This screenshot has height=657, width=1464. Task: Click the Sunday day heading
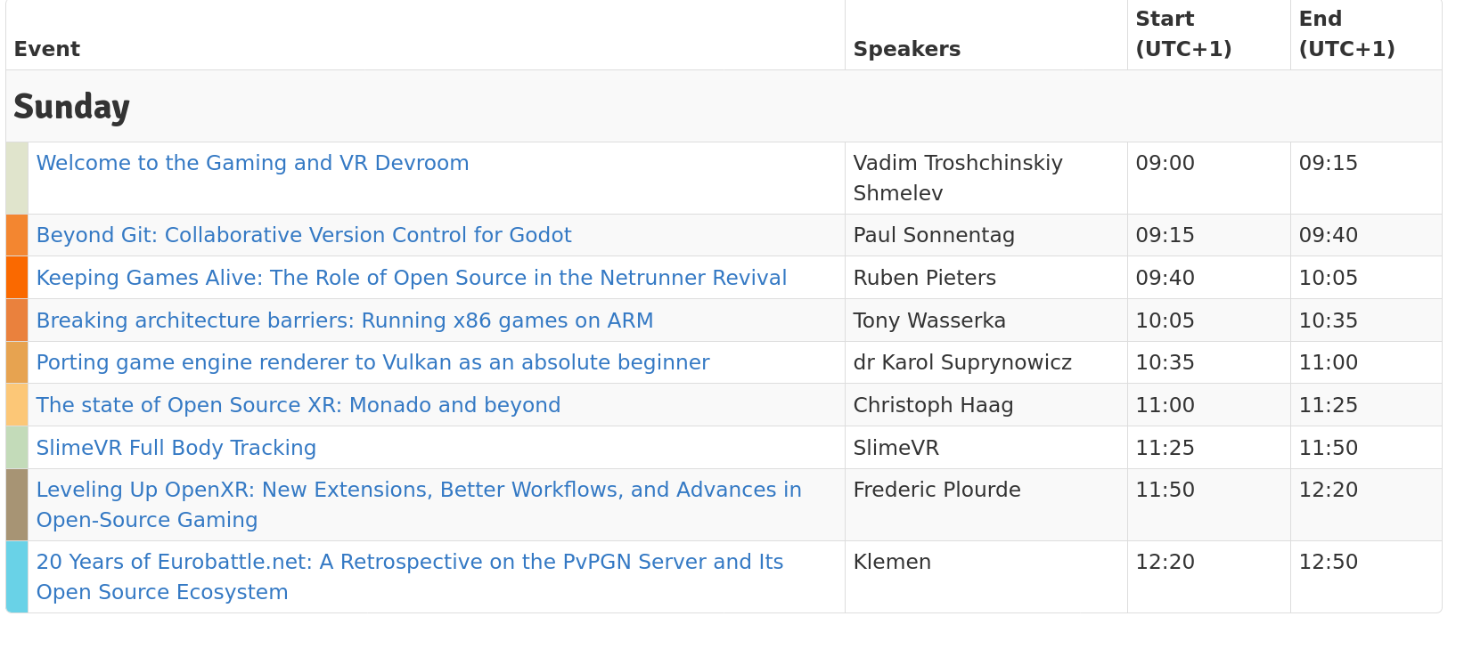pyautogui.click(x=71, y=107)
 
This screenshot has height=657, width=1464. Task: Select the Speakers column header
pyautogui.click(x=906, y=49)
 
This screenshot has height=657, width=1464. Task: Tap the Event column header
pyautogui.click(x=47, y=49)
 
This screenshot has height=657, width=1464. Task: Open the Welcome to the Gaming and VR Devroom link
pyautogui.click(x=252, y=163)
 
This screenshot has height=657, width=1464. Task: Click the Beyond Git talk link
pyautogui.click(x=304, y=235)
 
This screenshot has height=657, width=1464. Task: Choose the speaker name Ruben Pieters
pyautogui.click(x=924, y=278)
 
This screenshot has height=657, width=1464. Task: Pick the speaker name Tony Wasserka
pyautogui.click(x=929, y=320)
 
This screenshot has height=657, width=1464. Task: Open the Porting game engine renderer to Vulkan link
pyautogui.click(x=372, y=362)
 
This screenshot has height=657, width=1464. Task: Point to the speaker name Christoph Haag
pyautogui.click(x=933, y=405)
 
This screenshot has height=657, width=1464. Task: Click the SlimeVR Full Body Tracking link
pyautogui.click(x=176, y=448)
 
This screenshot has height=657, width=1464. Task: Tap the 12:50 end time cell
pyautogui.click(x=1328, y=562)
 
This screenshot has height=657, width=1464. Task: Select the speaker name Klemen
pyautogui.click(x=892, y=562)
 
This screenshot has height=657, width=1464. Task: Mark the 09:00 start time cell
pyautogui.click(x=1165, y=163)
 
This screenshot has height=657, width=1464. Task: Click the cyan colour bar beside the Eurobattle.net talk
pyautogui.click(x=17, y=577)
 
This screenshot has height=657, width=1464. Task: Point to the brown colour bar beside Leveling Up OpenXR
pyautogui.click(x=17, y=505)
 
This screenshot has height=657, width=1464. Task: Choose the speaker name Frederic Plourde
pyautogui.click(x=936, y=490)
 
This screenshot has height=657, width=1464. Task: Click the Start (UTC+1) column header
pyautogui.click(x=1183, y=34)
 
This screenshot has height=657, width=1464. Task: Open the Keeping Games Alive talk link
pyautogui.click(x=412, y=278)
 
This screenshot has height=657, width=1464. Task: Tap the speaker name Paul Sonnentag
pyautogui.click(x=934, y=235)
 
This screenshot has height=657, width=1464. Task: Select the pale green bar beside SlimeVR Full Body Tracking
pyautogui.click(x=17, y=448)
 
